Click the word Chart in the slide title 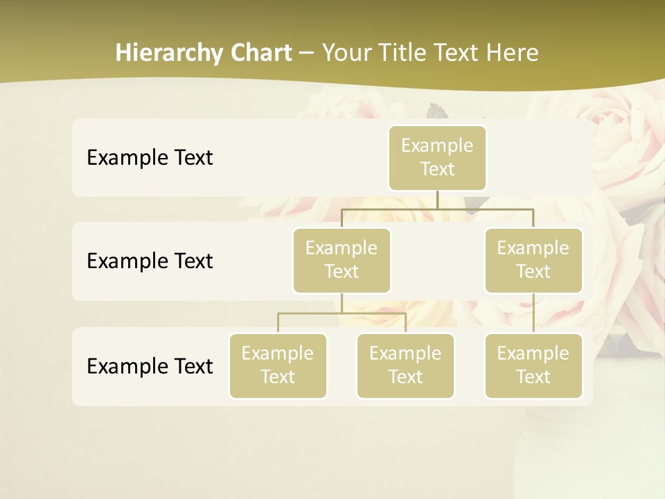(x=260, y=53)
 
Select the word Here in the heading (x=513, y=53)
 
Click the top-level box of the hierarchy (x=437, y=158)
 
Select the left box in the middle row (x=342, y=261)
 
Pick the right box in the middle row (x=533, y=261)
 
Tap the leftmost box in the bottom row (x=278, y=366)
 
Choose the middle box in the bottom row (x=405, y=366)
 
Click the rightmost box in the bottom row (x=533, y=366)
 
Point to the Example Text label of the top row (x=150, y=158)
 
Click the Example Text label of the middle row (x=150, y=261)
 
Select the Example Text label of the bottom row (x=150, y=366)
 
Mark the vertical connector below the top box (x=437, y=200)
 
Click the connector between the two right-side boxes (x=533, y=313)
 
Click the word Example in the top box (x=437, y=146)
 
